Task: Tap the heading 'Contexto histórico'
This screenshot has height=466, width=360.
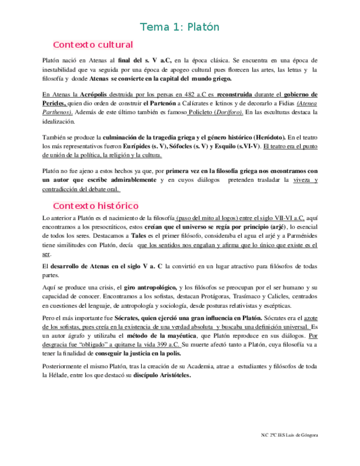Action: coord(95,206)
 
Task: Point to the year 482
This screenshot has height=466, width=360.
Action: coord(184,94)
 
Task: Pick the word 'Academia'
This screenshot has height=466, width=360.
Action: coord(210,367)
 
